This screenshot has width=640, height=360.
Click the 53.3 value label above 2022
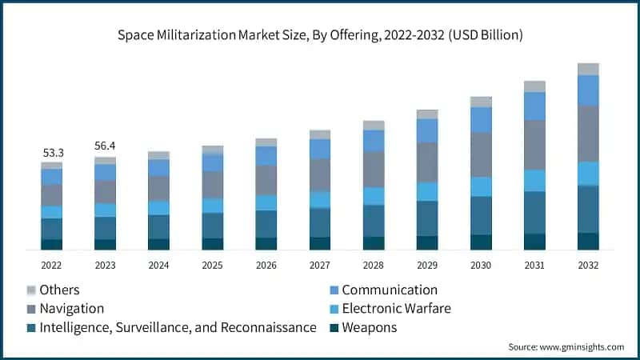[x=52, y=152]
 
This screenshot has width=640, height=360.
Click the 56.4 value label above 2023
[x=105, y=146]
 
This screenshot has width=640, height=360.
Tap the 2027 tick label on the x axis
[x=320, y=265]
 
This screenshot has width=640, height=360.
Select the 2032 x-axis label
[x=588, y=265]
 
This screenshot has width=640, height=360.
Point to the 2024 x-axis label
[x=158, y=265]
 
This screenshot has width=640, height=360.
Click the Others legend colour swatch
[x=31, y=290]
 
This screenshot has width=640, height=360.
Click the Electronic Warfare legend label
[x=396, y=308]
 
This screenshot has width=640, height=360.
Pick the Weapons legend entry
[x=369, y=327]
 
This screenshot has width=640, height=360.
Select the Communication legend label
[x=390, y=290]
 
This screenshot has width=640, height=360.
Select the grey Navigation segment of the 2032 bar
[x=588, y=134]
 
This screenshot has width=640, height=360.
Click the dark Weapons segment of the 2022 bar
[x=52, y=244]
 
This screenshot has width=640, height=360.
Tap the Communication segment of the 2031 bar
[x=534, y=106]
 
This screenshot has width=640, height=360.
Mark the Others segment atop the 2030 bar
[x=481, y=102]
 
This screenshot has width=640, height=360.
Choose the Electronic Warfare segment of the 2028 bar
[x=374, y=196]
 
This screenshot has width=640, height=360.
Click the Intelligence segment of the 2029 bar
[x=427, y=218]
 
